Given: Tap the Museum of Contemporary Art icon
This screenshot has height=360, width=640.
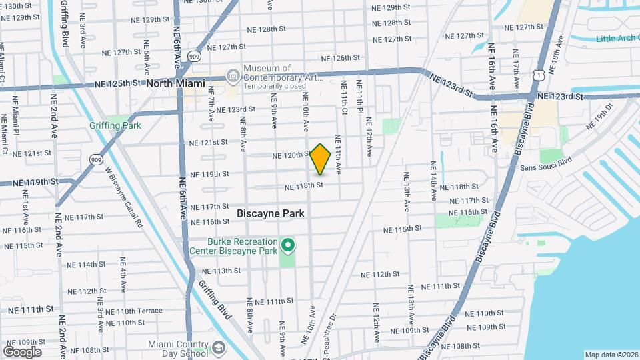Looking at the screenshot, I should tap(233, 74).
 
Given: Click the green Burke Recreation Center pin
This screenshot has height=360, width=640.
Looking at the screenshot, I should tap(288, 246).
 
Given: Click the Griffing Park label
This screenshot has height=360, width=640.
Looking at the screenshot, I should tap(115, 125).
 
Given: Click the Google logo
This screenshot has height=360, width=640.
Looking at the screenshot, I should tap(22, 352).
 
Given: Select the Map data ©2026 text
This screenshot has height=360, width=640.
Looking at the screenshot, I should tap(611, 355).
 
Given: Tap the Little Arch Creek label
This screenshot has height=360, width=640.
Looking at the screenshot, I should tap(617, 38).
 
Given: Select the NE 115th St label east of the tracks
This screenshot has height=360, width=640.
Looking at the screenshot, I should tap(403, 229).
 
